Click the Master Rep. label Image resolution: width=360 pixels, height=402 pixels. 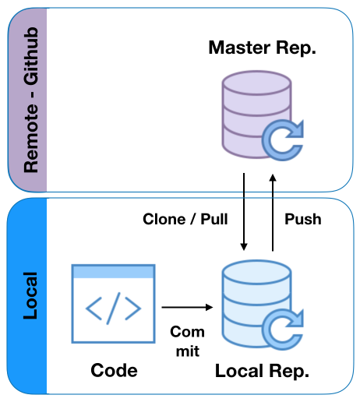(x=262, y=48)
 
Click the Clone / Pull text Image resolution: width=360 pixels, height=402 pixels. (x=185, y=219)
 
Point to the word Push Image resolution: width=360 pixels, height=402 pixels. (x=303, y=219)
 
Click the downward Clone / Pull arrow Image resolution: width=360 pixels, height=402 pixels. (x=244, y=212)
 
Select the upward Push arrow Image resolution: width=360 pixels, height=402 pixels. (x=273, y=213)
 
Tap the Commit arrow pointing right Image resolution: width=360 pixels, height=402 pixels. (x=187, y=307)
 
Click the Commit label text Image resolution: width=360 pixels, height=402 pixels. (x=188, y=341)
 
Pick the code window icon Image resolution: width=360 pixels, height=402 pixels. (x=114, y=304)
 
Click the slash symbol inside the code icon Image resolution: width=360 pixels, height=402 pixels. (x=114, y=309)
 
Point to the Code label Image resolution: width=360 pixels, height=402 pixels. (x=114, y=370)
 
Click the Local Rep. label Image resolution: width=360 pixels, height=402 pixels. (x=262, y=371)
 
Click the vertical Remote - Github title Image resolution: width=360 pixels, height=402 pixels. (x=31, y=100)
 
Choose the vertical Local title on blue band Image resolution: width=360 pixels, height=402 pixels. (x=30, y=295)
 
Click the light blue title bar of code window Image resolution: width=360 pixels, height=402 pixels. (x=114, y=272)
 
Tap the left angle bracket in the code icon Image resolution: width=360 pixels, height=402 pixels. (x=94, y=309)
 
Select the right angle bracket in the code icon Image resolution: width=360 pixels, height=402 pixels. (x=133, y=309)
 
